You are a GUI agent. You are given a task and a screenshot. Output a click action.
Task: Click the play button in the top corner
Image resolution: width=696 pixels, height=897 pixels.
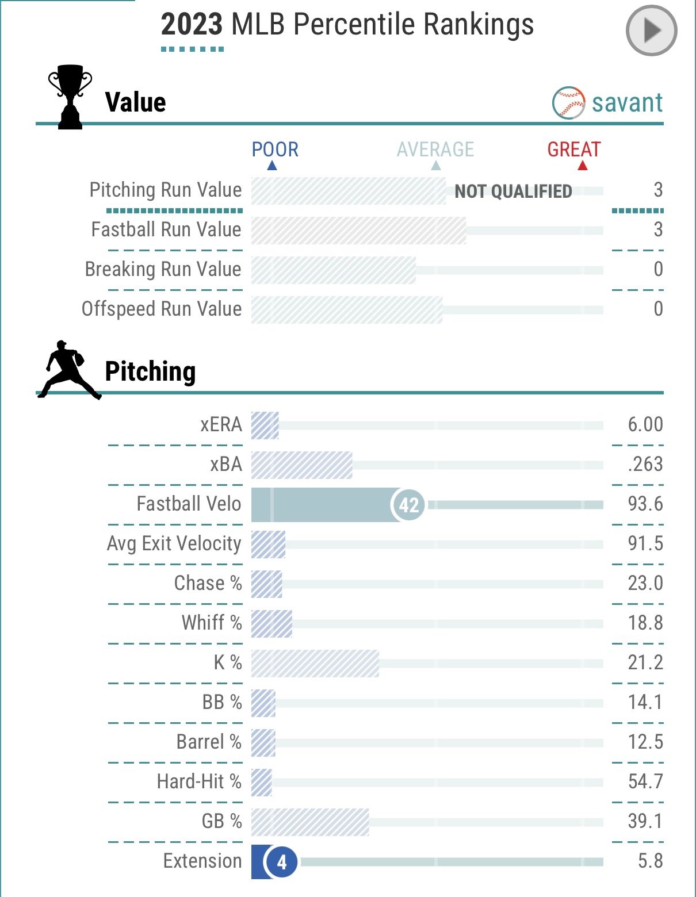pyautogui.click(x=651, y=30)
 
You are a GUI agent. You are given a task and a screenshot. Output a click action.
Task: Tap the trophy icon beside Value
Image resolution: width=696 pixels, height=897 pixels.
pyautogui.click(x=70, y=97)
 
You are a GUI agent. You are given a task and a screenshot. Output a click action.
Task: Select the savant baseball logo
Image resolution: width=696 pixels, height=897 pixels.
pyautogui.click(x=568, y=103)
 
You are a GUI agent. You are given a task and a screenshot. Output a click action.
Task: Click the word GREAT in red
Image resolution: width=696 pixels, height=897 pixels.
pyautogui.click(x=573, y=149)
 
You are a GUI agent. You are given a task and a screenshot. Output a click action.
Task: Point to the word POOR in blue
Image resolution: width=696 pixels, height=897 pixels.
pyautogui.click(x=275, y=149)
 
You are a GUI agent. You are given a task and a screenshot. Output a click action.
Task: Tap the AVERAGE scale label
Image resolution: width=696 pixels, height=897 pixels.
pyautogui.click(x=435, y=149)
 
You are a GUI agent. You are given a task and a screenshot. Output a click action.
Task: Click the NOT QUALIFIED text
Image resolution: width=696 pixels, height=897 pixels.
pyautogui.click(x=513, y=191)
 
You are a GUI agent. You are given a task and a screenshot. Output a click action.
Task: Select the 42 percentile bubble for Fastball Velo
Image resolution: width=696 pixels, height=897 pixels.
pyautogui.click(x=408, y=505)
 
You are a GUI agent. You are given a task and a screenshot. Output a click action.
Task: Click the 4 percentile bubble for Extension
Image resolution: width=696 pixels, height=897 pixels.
pyautogui.click(x=281, y=862)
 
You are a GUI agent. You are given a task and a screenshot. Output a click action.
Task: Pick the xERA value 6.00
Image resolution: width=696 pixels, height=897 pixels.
pyautogui.click(x=645, y=425)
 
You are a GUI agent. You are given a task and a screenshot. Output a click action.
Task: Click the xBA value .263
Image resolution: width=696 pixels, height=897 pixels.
pyautogui.click(x=645, y=465)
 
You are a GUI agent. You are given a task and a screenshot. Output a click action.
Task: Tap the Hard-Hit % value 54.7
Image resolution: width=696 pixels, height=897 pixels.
pyautogui.click(x=645, y=782)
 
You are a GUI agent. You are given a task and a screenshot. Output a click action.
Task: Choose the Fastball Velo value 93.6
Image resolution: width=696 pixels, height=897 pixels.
pyautogui.click(x=645, y=504)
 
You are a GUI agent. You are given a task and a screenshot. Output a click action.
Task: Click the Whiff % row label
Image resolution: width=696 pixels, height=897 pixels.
pyautogui.click(x=212, y=623)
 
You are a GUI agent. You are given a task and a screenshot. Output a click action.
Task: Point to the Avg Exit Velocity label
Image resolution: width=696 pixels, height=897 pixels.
pyautogui.click(x=174, y=544)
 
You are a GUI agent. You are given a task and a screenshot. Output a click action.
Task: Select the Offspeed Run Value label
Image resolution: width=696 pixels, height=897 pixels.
pyautogui.click(x=162, y=309)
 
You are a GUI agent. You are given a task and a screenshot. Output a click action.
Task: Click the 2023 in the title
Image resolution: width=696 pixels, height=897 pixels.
pyautogui.click(x=192, y=25)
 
